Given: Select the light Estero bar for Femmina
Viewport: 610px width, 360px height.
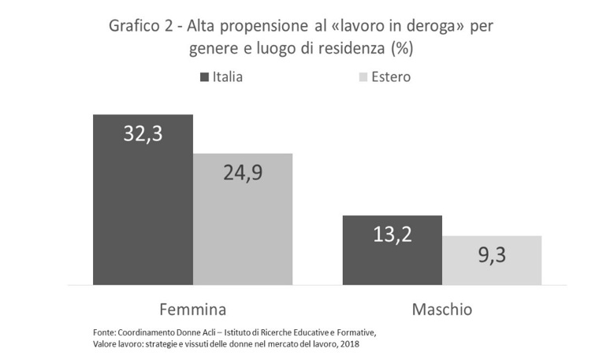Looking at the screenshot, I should [x=243, y=228].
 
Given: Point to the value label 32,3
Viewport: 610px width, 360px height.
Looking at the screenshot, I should [x=143, y=134].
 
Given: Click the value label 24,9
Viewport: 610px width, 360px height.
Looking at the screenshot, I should [x=243, y=173].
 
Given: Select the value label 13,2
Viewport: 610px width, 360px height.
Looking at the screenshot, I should [x=392, y=234].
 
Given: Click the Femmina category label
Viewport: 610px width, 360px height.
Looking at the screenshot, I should [x=192, y=309].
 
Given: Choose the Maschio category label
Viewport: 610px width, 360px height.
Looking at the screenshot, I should [x=442, y=309].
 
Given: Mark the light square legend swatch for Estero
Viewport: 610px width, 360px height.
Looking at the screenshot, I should [x=363, y=77].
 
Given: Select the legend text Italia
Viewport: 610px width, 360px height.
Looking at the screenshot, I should [x=227, y=77].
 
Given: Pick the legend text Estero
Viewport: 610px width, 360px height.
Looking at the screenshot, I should [x=392, y=77].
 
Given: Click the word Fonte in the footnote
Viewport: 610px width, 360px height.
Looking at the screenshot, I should [x=95, y=331].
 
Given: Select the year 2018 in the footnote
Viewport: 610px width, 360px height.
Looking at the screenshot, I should [x=355, y=343].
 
